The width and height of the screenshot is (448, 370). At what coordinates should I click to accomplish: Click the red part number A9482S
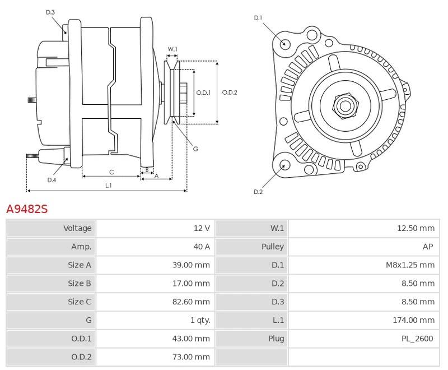(27, 209)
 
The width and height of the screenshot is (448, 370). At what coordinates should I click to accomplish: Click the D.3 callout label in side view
(50, 12)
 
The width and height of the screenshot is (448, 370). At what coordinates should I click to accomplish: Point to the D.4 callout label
(52, 179)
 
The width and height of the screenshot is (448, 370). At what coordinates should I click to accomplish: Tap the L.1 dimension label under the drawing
(108, 185)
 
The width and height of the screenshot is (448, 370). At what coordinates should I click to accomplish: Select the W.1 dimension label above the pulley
(172, 49)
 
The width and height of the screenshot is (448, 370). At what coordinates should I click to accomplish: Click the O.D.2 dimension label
(230, 92)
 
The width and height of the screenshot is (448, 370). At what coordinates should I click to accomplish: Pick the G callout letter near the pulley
(195, 149)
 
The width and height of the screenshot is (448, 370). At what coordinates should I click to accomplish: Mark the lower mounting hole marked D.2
(284, 165)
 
